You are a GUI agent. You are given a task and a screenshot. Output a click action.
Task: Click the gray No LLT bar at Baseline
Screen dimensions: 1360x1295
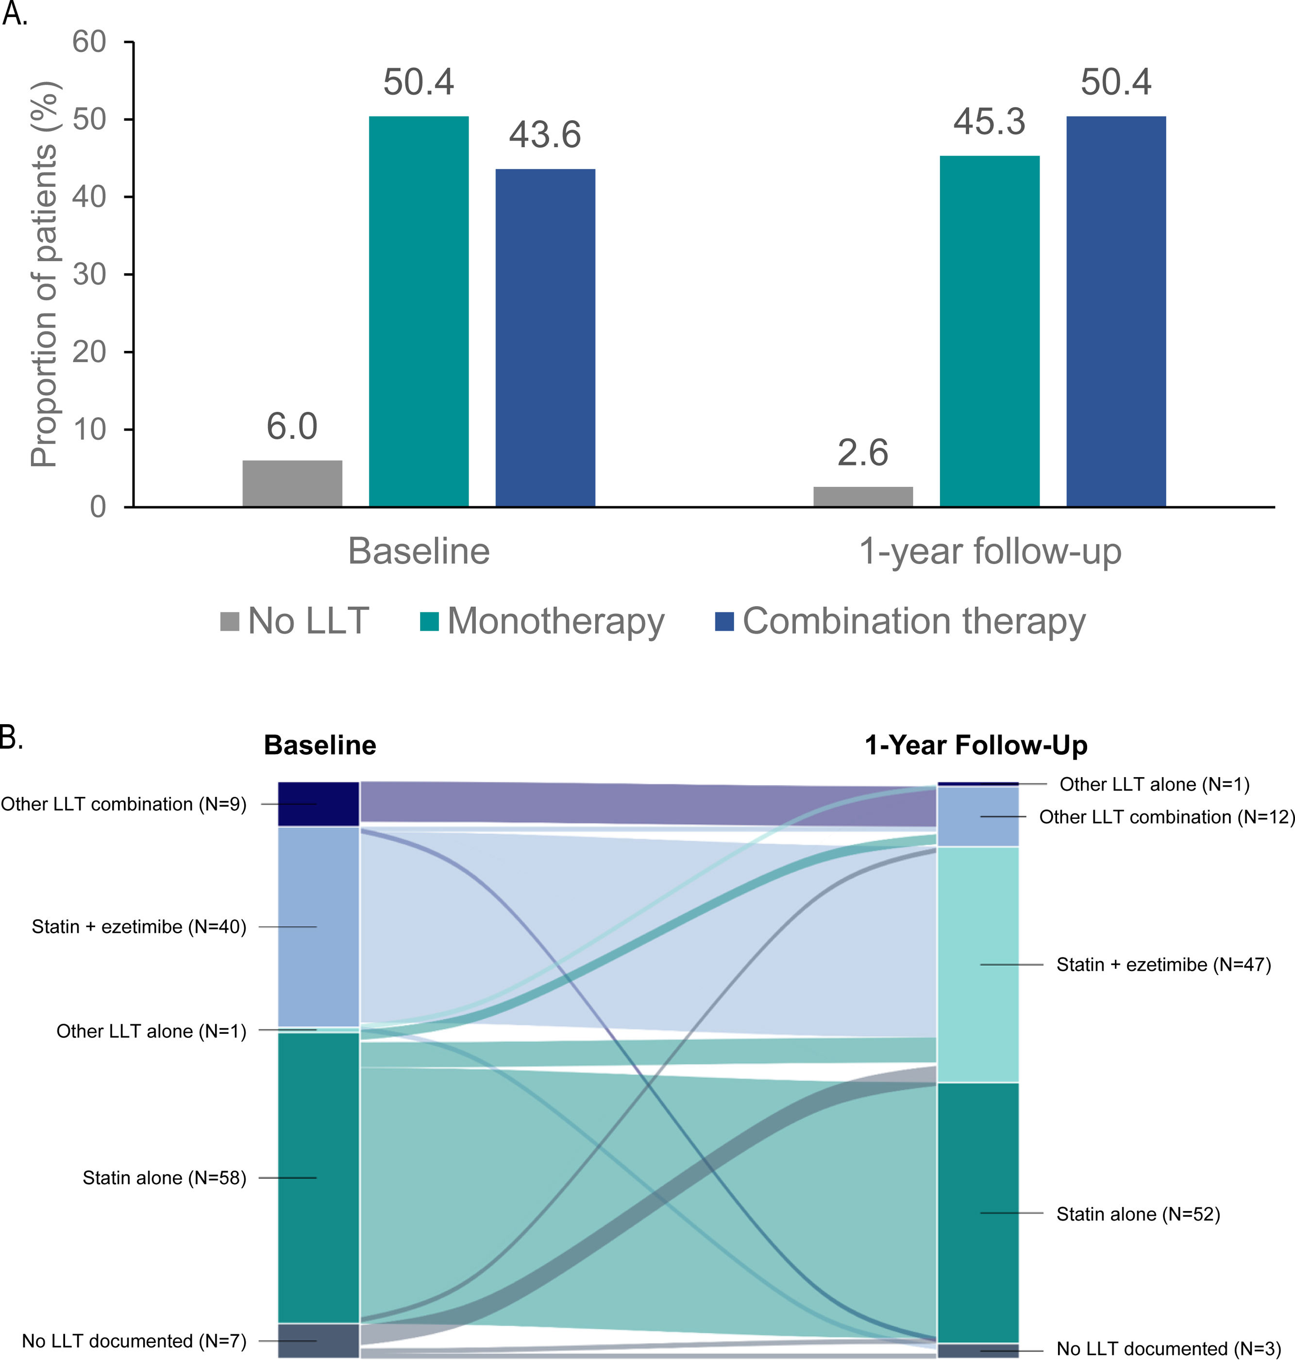click(x=292, y=484)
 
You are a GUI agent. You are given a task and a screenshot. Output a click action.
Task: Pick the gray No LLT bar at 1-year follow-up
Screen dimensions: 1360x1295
click(x=863, y=497)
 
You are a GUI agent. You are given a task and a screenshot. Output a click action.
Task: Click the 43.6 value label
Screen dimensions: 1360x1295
click(x=545, y=134)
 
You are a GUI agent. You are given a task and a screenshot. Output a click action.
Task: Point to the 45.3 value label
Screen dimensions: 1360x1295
click(x=989, y=122)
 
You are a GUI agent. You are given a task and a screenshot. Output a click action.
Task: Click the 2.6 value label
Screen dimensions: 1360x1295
click(x=863, y=453)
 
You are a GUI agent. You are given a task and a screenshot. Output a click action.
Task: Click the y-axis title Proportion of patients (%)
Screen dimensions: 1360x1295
click(x=44, y=275)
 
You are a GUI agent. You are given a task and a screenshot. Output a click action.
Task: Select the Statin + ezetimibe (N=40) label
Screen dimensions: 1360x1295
click(x=139, y=927)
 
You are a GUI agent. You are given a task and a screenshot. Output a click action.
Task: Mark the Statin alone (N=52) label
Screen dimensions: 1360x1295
click(x=1138, y=1214)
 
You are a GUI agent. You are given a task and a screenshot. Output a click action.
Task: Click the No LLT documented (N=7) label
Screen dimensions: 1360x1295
click(x=134, y=1341)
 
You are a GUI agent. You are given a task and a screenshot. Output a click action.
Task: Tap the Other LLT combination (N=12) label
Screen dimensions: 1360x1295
click(x=1166, y=817)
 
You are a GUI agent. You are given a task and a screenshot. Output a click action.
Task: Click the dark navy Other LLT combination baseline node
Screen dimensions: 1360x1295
click(x=318, y=804)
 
